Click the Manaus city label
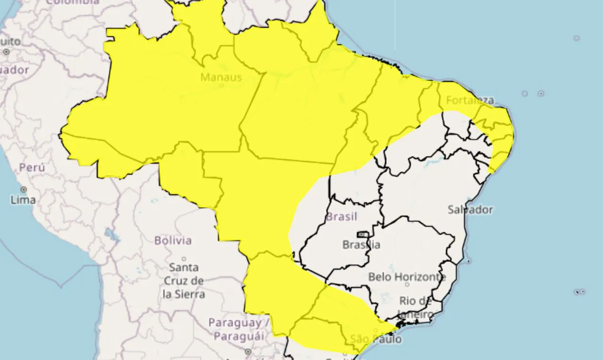tap(221, 77)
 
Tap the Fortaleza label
tap(470, 100)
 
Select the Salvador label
tap(470, 210)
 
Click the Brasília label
tap(361, 245)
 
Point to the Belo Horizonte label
tap(407, 277)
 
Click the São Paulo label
tap(376, 339)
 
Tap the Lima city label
tap(23, 200)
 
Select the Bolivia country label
tap(173, 240)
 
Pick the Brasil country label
tap(341, 217)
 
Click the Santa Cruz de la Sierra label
tap(184, 281)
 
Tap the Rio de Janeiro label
tap(416, 307)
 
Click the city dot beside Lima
tap(23, 189)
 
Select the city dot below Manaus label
tap(221, 85)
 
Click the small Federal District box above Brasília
tap(362, 234)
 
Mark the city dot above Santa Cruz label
tap(184, 259)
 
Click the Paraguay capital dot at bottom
tap(248, 352)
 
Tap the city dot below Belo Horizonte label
tap(407, 285)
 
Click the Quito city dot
tap(6, 51)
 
